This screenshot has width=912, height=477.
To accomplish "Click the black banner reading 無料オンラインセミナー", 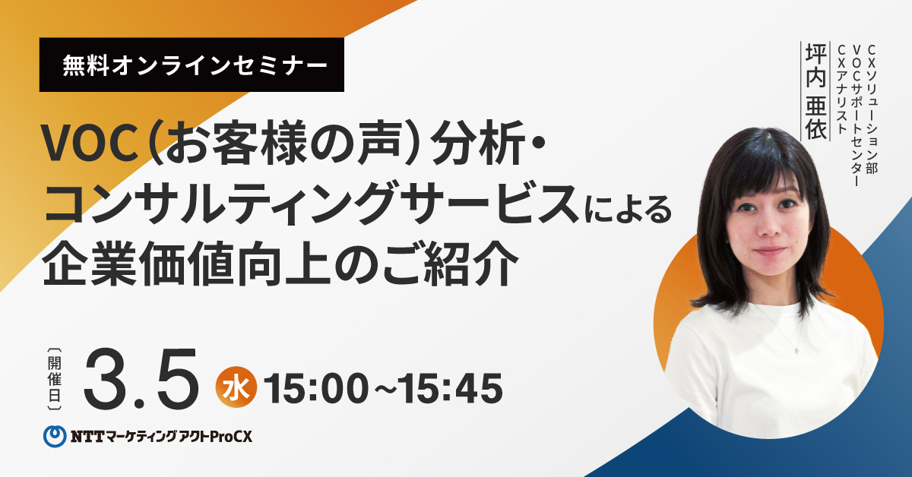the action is pos(192,65).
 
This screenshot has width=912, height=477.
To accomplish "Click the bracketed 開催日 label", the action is pos(55,379).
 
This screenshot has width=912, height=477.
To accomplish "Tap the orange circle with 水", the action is pos(236,387).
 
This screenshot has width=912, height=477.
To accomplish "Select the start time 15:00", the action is pos(316,388).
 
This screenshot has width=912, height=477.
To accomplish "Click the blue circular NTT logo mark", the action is pos(55,436).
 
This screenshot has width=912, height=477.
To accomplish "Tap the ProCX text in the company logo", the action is pos(231,437).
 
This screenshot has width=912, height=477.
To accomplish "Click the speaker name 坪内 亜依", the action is pos(815,91).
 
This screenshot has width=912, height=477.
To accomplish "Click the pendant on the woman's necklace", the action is pos(796,349).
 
